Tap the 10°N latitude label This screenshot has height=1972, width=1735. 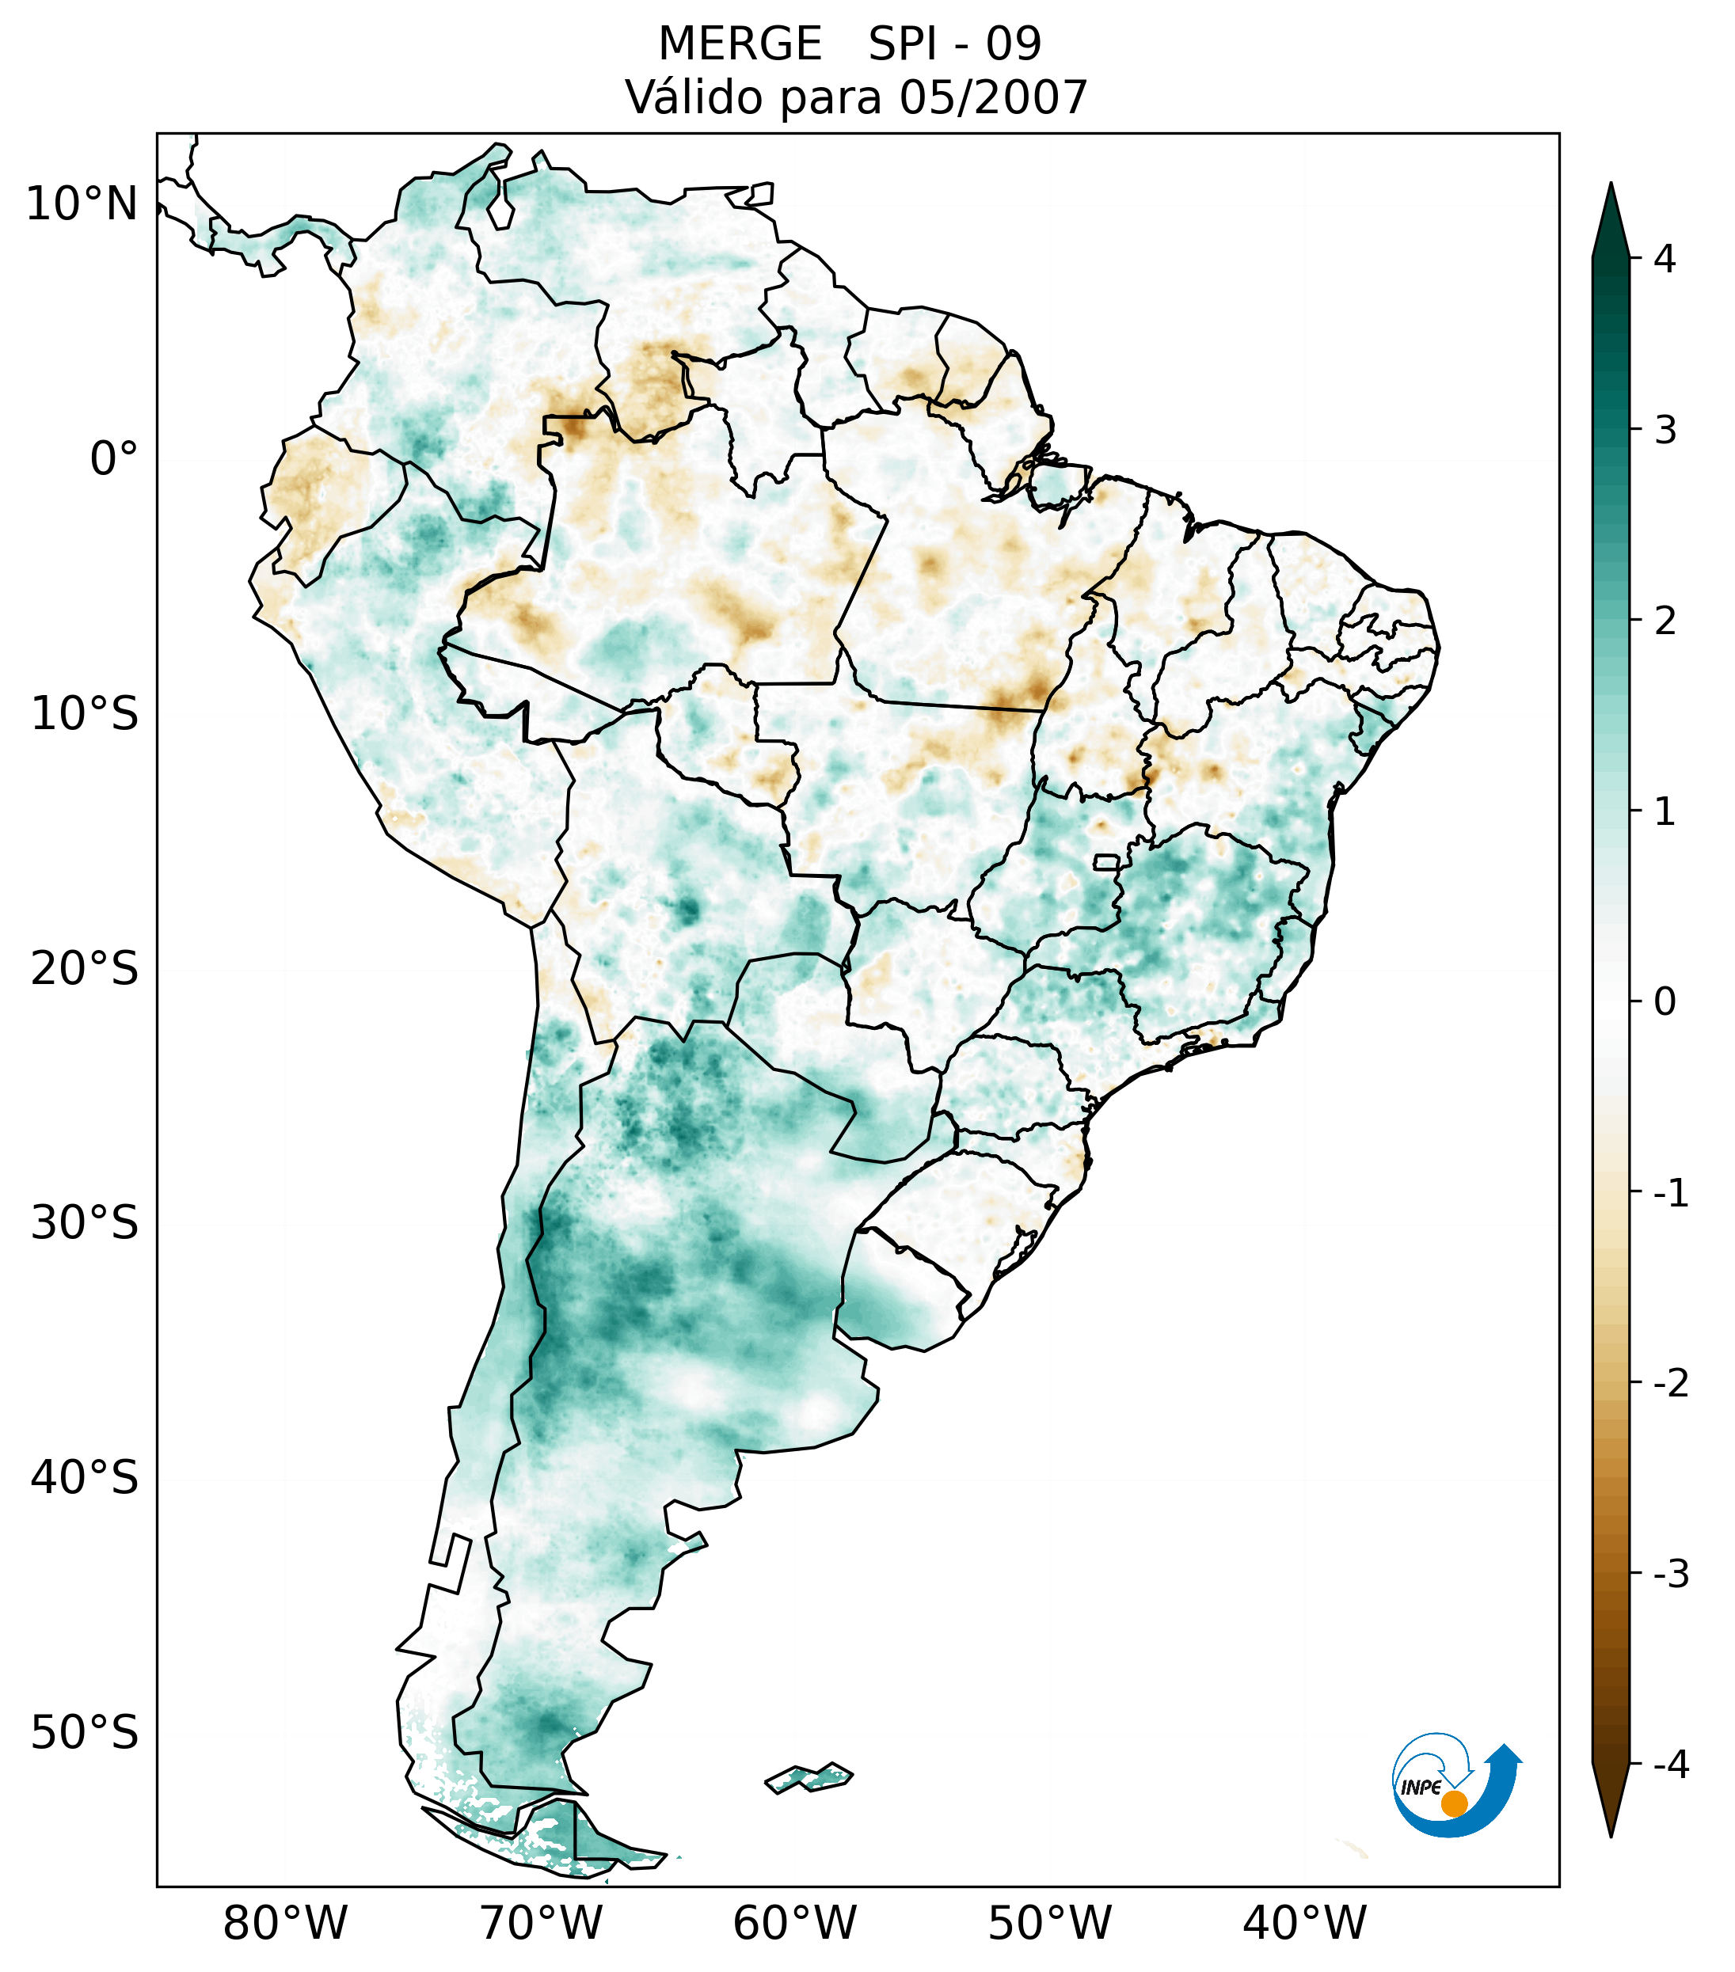click(x=82, y=204)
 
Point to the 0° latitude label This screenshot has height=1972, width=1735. click(x=114, y=459)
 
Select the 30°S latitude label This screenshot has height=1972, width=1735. click(x=85, y=1223)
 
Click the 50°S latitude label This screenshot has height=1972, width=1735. click(x=85, y=1733)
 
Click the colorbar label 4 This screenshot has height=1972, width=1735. click(x=1665, y=259)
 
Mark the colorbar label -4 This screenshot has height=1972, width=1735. click(x=1670, y=1765)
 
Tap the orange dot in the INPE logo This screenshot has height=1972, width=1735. click(x=1453, y=1803)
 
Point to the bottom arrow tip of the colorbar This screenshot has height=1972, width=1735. click(x=1610, y=1835)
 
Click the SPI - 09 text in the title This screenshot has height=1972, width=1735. click(x=954, y=44)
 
